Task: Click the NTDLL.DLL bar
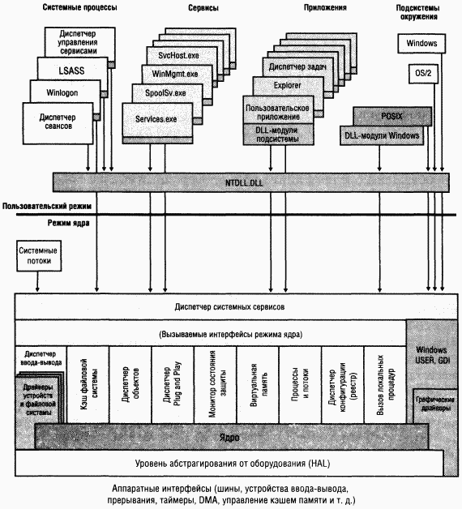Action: [249, 182]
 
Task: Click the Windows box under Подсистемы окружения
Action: [420, 42]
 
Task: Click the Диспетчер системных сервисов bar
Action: [229, 308]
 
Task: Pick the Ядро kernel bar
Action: [229, 437]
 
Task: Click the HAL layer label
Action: [229, 464]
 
